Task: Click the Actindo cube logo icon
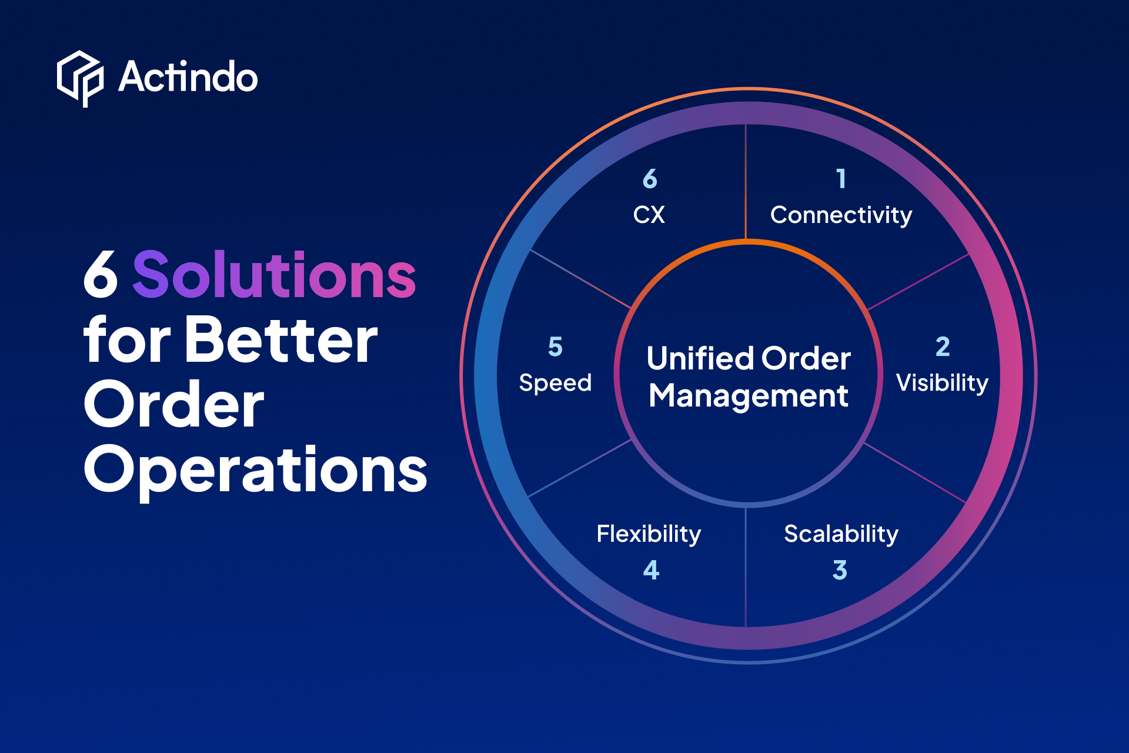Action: (81, 78)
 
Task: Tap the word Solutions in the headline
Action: (275, 274)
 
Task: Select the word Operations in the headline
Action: (256, 470)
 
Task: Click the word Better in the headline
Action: (281, 340)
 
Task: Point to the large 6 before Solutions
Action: (101, 274)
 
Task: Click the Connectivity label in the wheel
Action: (841, 215)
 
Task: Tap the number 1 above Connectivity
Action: (841, 178)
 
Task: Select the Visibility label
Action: (942, 383)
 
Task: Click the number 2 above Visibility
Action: (943, 346)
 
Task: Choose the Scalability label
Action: (841, 534)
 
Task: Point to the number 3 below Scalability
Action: (840, 570)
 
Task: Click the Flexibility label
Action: (649, 534)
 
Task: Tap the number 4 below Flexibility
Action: (651, 570)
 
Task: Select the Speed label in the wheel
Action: (555, 383)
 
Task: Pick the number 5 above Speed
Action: (555, 347)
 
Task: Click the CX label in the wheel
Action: (649, 215)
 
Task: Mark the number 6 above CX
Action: (650, 178)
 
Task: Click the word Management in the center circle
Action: (749, 396)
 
